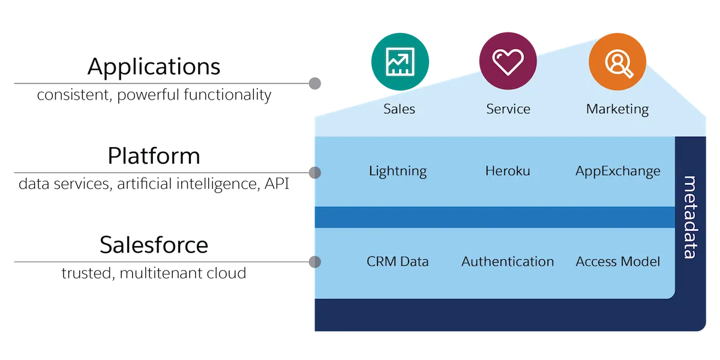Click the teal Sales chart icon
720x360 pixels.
point(400,61)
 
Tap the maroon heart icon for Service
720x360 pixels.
point(508,61)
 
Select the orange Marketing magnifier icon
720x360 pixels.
point(617,61)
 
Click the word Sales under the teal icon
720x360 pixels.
point(399,109)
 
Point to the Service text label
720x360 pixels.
point(508,109)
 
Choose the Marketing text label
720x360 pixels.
point(617,109)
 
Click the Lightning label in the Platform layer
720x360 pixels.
point(398,172)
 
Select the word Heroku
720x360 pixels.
point(508,172)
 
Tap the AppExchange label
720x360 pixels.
point(617,172)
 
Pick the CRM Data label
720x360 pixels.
point(398,262)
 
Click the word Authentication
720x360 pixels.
point(508,262)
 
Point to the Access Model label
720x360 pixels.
point(617,262)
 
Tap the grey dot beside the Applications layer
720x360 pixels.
point(315,83)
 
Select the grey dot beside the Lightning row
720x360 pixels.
point(314,173)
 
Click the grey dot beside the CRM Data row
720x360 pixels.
point(314,262)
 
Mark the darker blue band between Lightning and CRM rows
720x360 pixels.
point(494,217)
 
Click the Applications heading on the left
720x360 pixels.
point(154,67)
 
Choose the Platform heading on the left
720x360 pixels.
point(154,156)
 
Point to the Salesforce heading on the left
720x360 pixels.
point(154,245)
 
